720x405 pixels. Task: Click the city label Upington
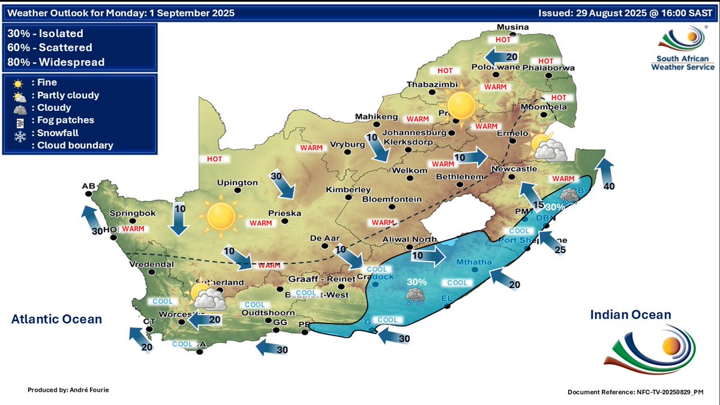238,183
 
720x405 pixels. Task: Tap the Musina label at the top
512,27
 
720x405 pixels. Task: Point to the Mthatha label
473,262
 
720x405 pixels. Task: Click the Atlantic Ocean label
56,319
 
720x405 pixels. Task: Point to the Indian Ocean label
630,315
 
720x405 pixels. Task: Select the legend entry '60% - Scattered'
50,47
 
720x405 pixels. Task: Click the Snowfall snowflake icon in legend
20,133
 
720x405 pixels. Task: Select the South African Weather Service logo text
683,63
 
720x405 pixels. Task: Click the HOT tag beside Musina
502,39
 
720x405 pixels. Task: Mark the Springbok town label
133,213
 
